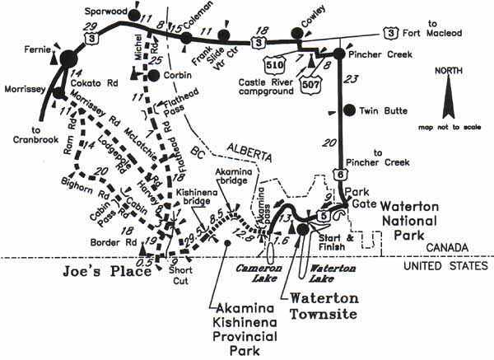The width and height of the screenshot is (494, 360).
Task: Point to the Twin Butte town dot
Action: pyautogui.click(x=349, y=110)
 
